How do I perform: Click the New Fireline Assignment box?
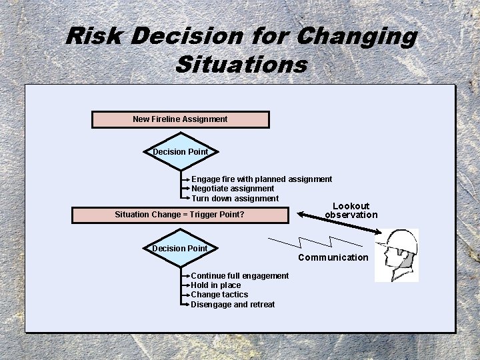click(180, 119)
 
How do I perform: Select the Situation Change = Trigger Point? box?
click(180, 215)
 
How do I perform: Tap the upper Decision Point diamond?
click(180, 152)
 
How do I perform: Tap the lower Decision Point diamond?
click(180, 249)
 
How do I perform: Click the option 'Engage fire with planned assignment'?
click(261, 179)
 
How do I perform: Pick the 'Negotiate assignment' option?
click(233, 189)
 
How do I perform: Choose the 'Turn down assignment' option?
click(235, 199)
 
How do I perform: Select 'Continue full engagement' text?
click(240, 276)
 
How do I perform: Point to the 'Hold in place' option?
click(216, 285)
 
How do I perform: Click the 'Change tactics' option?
click(219, 295)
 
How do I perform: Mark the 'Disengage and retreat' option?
click(233, 305)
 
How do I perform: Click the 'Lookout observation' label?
click(351, 211)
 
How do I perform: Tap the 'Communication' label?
click(333, 257)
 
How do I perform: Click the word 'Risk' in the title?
click(94, 36)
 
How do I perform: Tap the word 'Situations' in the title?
click(241, 65)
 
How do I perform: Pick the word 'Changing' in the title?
click(357, 36)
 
